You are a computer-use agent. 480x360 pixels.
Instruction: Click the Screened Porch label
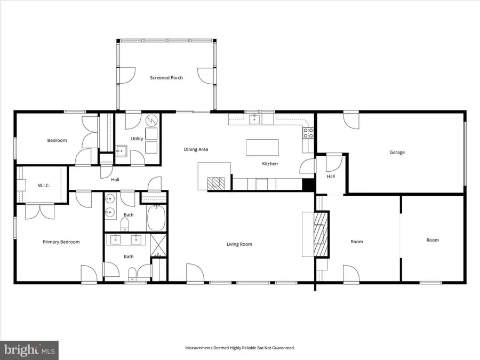pos(166,78)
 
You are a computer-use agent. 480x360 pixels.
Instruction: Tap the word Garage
pos(397,153)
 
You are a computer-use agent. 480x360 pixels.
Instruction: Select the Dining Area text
pos(196,149)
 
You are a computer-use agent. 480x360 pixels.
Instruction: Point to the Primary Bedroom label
pos(61,242)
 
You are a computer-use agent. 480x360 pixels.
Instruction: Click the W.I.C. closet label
pos(43,186)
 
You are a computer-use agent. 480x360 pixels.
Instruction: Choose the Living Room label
pos(239,244)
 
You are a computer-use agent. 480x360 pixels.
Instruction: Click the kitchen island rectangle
pos(262,148)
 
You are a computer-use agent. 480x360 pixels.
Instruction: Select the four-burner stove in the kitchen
pos(308,133)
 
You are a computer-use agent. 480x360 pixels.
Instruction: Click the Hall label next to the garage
pos(331,177)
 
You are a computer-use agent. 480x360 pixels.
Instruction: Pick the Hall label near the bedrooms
pos(115,180)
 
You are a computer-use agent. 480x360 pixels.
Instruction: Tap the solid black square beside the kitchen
pos(308,184)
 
